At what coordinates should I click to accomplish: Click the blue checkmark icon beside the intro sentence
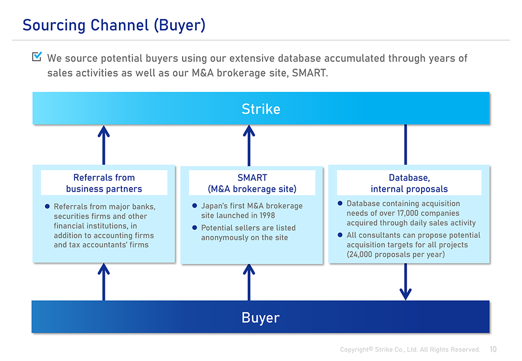pos(37,57)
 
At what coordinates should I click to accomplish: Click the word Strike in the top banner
pos(261,109)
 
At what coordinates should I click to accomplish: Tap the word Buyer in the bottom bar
pos(261,318)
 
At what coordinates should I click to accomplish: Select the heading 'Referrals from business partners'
pos(104,183)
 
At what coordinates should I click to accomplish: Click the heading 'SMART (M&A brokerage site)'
pos(252,183)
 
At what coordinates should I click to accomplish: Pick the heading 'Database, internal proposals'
pos(409,183)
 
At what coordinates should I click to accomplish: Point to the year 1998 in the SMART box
pos(267,216)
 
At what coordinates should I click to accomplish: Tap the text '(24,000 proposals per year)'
pos(396,255)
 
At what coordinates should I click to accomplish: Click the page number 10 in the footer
pos(493,350)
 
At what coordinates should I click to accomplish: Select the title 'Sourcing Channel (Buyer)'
pos(114,25)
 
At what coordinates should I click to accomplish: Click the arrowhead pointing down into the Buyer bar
pos(406,294)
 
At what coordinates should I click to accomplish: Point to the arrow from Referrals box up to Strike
pos(103,145)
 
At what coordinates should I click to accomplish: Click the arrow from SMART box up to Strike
pos(249,145)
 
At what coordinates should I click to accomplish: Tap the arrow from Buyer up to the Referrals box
pos(103,282)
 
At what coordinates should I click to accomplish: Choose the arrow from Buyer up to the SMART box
pos(249,283)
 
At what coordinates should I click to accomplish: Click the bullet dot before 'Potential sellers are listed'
pos(194,228)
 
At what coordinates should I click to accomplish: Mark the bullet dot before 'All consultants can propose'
pos(340,235)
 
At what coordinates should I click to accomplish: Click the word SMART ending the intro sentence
pos(310,73)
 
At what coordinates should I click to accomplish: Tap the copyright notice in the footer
pos(410,350)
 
